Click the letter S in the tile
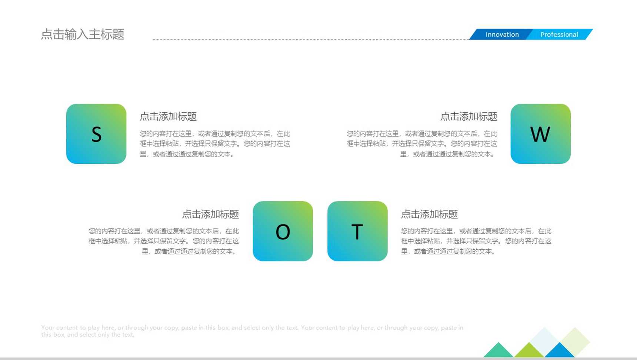pos(96,134)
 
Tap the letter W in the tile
pos(540,134)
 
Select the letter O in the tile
pos(283,232)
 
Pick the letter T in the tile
pos(357,232)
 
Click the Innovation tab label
pos(502,34)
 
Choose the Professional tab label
pos(559,34)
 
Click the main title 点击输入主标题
pos(83,34)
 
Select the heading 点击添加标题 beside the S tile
pos(168,117)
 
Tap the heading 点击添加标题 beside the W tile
pos(468,117)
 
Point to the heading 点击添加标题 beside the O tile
pos(210,214)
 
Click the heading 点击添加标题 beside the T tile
pos(430,214)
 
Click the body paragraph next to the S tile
pos(215,144)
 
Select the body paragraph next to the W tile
pos(422,144)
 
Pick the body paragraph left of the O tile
pos(164,241)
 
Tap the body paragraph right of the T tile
pos(476,241)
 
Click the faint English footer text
pos(252,331)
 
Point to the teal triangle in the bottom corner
pos(498,351)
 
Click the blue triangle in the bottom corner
pos(559,351)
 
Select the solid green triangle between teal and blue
pos(529,351)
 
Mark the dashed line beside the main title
pos(311,39)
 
